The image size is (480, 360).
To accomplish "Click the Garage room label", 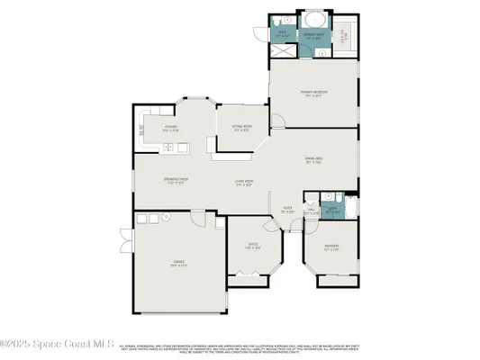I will point(179,264).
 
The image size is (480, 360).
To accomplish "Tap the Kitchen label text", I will point(169,128).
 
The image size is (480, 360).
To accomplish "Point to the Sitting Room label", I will point(240,129).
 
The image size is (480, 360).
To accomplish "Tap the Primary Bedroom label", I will point(313,93).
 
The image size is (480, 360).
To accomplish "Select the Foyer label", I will point(288,212).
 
